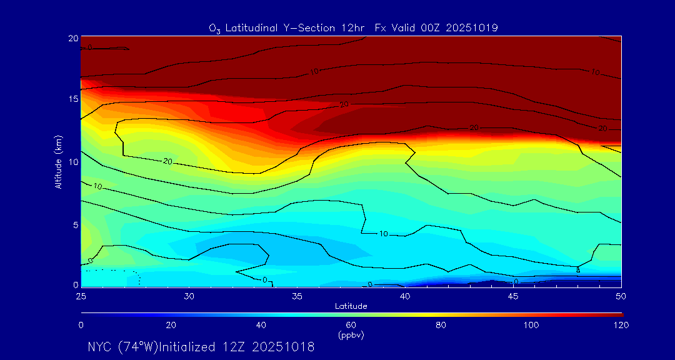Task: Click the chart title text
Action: tap(353, 27)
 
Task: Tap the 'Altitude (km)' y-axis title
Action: tap(58, 161)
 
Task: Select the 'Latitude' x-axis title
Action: tap(351, 306)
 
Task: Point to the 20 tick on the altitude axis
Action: tap(72, 38)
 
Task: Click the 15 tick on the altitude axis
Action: tap(72, 99)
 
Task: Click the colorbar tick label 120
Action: tap(621, 325)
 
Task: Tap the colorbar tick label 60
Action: tap(351, 325)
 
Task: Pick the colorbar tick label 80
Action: tap(441, 325)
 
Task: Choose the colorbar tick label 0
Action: tap(81, 325)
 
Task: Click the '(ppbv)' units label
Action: tap(351, 335)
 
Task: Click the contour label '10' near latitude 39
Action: tap(384, 234)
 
